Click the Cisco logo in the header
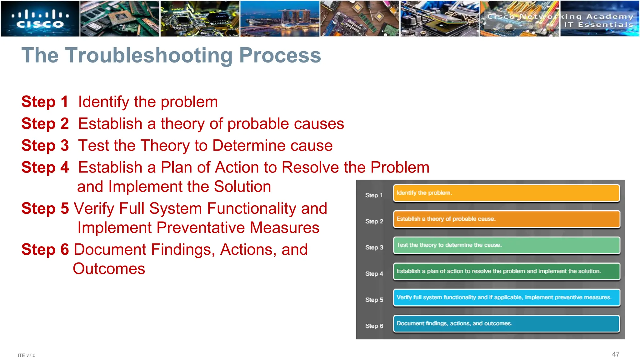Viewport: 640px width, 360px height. pyautogui.click(x=40, y=19)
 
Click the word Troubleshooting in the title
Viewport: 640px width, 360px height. pyautogui.click(x=149, y=56)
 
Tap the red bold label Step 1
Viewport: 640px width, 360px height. pyautogui.click(x=45, y=102)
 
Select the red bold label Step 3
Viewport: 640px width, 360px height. pyautogui.click(x=45, y=146)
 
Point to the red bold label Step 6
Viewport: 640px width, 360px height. pyautogui.click(x=45, y=250)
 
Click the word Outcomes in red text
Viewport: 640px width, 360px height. pyautogui.click(x=109, y=269)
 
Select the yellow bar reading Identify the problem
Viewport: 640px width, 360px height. pyautogui.click(x=506, y=193)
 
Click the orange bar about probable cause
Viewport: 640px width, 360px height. pyautogui.click(x=506, y=219)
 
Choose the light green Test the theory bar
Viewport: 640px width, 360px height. pyautogui.click(x=506, y=245)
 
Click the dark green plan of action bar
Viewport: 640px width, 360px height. pyautogui.click(x=506, y=271)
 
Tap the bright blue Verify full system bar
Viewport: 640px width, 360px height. pyautogui.click(x=506, y=297)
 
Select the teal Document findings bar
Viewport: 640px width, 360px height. pyautogui.click(x=506, y=324)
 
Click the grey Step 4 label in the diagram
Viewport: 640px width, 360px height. pyautogui.click(x=374, y=274)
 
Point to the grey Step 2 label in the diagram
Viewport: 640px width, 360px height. pyautogui.click(x=374, y=222)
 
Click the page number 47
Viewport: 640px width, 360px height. pyautogui.click(x=615, y=354)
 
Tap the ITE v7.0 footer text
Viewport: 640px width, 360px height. pyautogui.click(x=27, y=355)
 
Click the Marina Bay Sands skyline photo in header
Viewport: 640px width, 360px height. pyautogui.click(x=280, y=19)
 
